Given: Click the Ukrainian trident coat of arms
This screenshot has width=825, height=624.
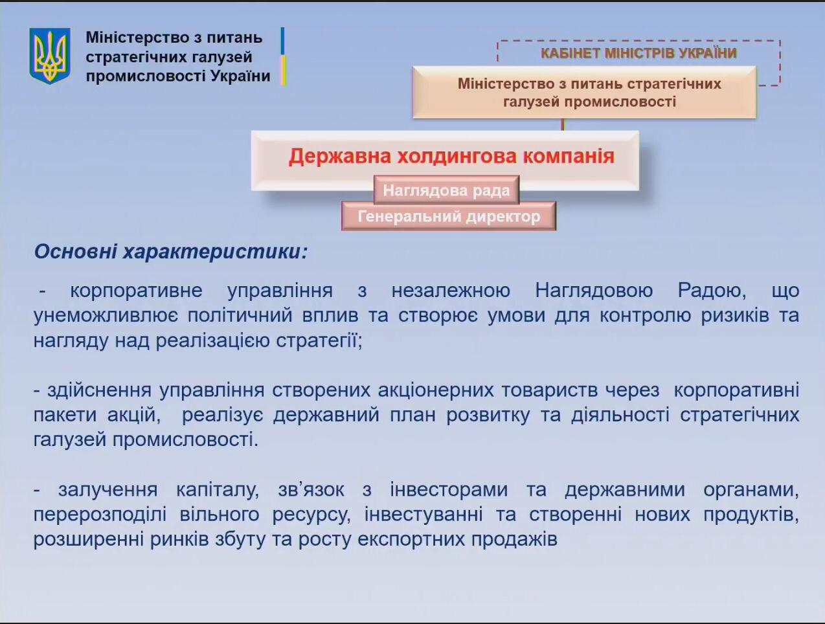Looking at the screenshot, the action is pos(50,56).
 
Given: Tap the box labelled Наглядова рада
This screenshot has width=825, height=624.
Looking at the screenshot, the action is pos(447,190).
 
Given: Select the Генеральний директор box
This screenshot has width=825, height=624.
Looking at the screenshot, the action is pos(449,216).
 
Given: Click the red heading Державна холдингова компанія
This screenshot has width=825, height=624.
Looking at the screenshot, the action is pos(451,156).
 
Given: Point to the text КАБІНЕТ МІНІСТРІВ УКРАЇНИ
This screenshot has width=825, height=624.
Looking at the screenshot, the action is pos(639,53).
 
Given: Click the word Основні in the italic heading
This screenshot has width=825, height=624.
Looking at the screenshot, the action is pos(76,251).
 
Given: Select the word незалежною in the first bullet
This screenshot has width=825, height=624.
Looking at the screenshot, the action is pos(451,291).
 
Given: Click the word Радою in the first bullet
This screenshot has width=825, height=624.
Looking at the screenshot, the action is pos(712,291).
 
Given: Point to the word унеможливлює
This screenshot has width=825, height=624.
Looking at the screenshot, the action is pos(106,316).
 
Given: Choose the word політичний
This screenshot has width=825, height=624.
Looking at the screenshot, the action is pos(240,316).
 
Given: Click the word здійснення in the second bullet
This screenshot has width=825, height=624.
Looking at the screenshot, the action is pos(99,391).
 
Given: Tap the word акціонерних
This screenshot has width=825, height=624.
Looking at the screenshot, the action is pos(436,391).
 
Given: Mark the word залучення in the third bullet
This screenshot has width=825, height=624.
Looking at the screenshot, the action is pos(108,490).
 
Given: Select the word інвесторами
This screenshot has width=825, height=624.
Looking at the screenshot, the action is pos(449,490).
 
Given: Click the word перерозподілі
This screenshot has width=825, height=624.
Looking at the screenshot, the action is pos(100,515).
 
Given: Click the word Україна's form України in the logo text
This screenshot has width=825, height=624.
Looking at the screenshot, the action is pos(240,76).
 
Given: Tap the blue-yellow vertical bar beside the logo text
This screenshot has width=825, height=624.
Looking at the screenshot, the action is pos(283,56).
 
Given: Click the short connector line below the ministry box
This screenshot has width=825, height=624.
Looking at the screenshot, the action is pos(563,125).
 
